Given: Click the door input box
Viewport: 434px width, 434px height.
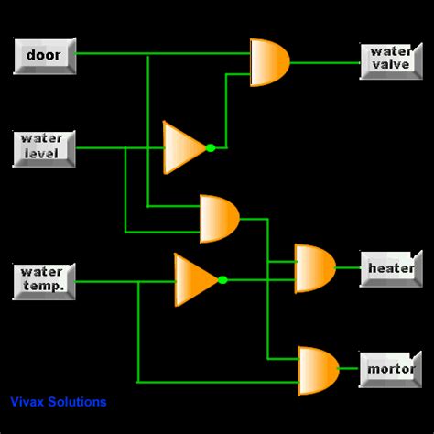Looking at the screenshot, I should click(43, 56).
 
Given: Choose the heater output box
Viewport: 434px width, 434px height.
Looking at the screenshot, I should click(391, 268).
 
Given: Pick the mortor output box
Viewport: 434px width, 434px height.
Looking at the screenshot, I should click(391, 370).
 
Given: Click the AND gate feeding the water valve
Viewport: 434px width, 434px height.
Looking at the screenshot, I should click(269, 62).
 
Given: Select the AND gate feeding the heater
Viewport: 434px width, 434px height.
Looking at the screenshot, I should click(314, 268).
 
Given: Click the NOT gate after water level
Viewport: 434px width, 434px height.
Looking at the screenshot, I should click(183, 146).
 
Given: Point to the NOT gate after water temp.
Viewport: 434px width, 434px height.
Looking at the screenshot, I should click(195, 278).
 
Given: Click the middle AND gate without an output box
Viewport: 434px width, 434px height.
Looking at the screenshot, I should click(219, 219).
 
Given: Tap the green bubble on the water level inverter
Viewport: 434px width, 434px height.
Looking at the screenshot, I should click(210, 147).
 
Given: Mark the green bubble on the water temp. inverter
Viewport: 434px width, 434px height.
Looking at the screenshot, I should click(222, 279).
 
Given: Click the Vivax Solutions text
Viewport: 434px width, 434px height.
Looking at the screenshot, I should click(59, 402).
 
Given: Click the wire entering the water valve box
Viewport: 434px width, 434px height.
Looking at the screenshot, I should click(325, 62).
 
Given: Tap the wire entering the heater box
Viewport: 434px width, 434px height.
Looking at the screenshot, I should click(348, 268).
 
